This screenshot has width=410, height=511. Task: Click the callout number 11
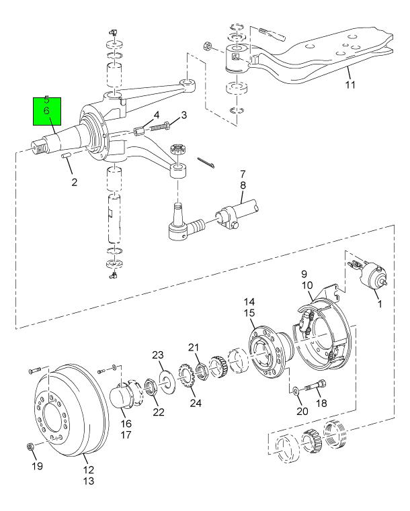click(x=350, y=85)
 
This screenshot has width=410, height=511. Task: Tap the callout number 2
click(x=75, y=182)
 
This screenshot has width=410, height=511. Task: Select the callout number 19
click(x=38, y=466)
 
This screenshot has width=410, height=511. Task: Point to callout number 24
click(x=196, y=403)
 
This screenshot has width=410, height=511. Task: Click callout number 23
click(x=158, y=355)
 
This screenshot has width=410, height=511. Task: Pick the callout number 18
click(x=321, y=403)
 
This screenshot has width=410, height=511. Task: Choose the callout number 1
click(x=379, y=304)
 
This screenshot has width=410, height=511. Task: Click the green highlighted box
click(x=47, y=111)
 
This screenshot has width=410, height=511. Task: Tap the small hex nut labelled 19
click(x=30, y=446)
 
